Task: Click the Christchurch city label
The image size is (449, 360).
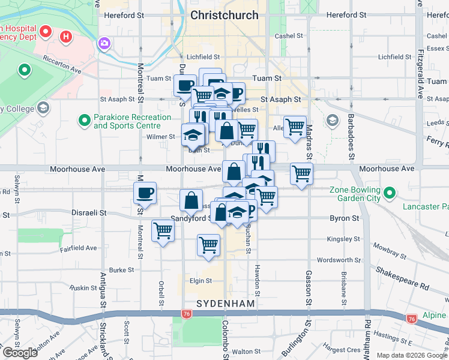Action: tap(224, 15)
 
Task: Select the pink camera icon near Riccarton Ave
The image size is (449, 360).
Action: tap(104, 43)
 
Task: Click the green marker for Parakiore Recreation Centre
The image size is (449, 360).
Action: tap(84, 121)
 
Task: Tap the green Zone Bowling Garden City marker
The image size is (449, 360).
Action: tap(390, 193)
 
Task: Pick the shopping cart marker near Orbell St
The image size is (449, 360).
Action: tap(163, 230)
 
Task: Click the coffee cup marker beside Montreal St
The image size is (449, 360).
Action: tap(145, 193)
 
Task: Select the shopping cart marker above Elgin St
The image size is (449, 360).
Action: tap(208, 244)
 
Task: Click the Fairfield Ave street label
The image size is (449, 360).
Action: tap(78, 247)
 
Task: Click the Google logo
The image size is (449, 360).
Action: tap(20, 353)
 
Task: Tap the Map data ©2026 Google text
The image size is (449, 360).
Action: tap(412, 355)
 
